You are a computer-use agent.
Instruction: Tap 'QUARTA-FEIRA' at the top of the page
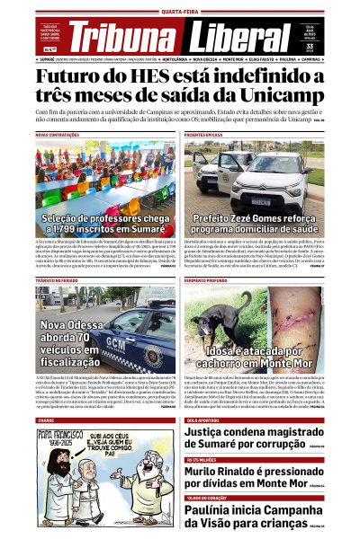pos(180,11)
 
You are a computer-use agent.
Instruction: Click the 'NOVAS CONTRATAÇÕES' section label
pos(56,134)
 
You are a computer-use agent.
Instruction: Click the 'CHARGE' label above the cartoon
pos(46,420)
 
